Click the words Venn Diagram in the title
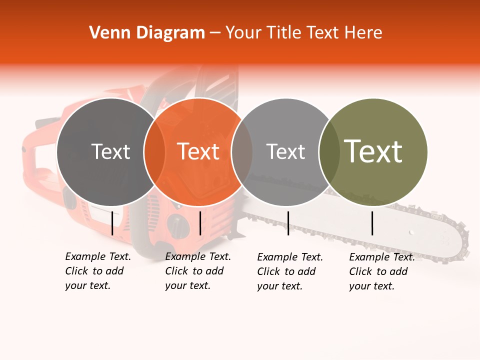147,33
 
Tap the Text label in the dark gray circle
110,151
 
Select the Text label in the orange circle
198,151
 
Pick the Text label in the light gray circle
285,151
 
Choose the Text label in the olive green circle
373,151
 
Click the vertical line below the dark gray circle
112,223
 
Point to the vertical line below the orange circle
200,223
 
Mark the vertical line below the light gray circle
288,223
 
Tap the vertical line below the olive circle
372,223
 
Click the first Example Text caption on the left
97,271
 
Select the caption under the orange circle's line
197,271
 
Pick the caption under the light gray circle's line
289,271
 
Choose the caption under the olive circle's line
381,271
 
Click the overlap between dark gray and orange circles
154,152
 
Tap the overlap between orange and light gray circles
242,152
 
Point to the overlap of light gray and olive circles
329,152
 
